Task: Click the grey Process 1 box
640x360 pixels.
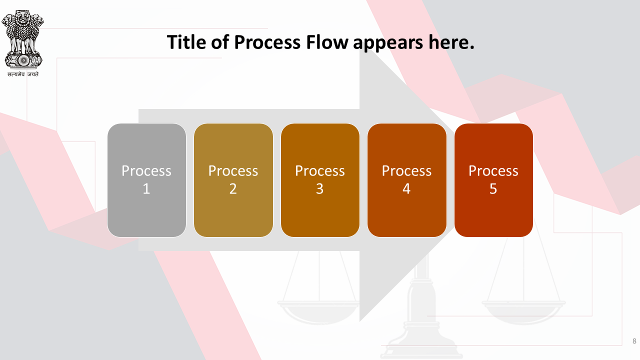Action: coord(146,180)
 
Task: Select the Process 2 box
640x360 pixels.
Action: coord(233,180)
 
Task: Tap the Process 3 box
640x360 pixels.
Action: coord(320,180)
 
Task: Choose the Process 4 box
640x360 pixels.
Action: coord(407,180)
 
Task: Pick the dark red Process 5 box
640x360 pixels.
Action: coord(493,180)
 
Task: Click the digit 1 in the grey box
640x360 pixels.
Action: coord(146,189)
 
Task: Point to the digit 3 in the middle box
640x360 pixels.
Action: coord(319,189)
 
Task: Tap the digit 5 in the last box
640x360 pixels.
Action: coord(493,189)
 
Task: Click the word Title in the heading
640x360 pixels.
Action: coord(186,42)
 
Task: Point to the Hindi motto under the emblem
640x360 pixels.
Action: coord(23,74)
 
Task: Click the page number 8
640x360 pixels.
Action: coord(634,341)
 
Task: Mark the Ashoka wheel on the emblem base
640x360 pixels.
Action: coord(23,60)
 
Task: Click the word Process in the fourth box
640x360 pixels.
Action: coord(406,171)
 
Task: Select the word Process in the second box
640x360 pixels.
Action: coord(233,171)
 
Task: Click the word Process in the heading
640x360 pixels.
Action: coord(267,42)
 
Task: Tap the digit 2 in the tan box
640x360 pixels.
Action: coord(233,189)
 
